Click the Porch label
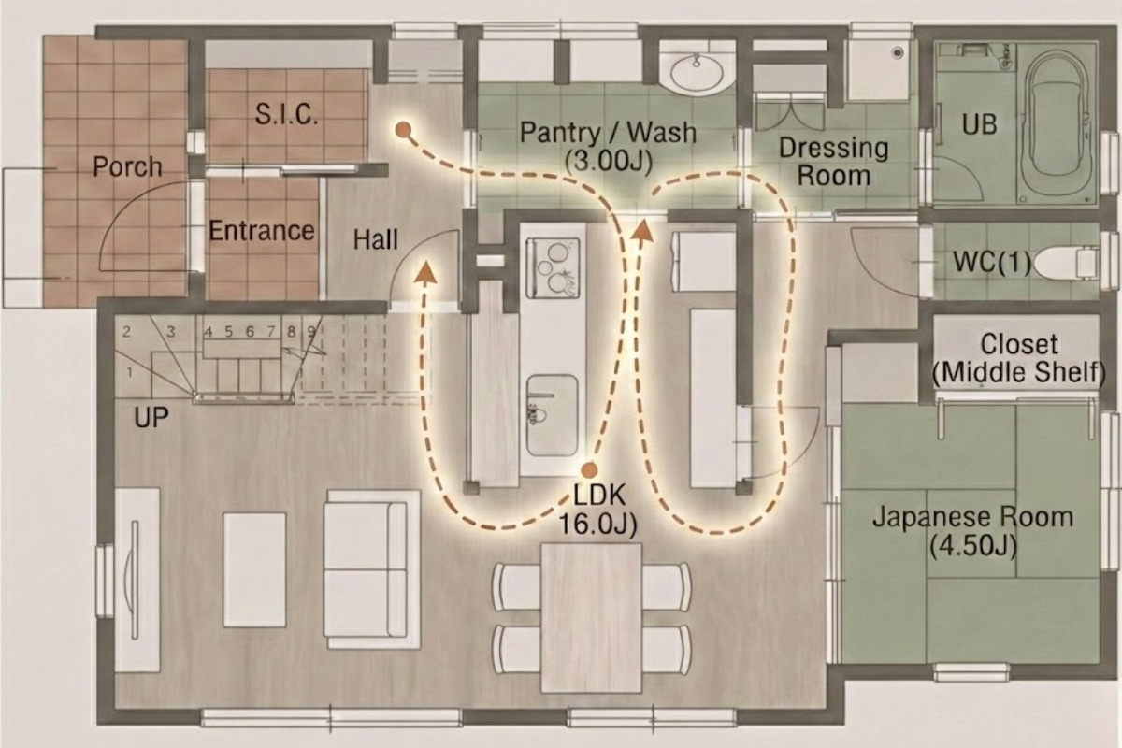(x=127, y=166)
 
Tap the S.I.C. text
(x=286, y=114)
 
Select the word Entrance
(x=262, y=231)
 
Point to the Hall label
(x=376, y=239)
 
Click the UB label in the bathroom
(x=980, y=123)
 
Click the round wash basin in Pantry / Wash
(x=697, y=74)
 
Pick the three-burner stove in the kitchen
(x=553, y=268)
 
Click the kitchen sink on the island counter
(x=552, y=416)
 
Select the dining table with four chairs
(x=591, y=618)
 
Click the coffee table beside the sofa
(x=254, y=569)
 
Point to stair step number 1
(x=130, y=373)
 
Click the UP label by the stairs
(x=151, y=417)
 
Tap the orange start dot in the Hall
(x=403, y=130)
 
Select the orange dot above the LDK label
(x=590, y=470)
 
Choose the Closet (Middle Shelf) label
(x=1018, y=358)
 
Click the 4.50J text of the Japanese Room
(x=972, y=546)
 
